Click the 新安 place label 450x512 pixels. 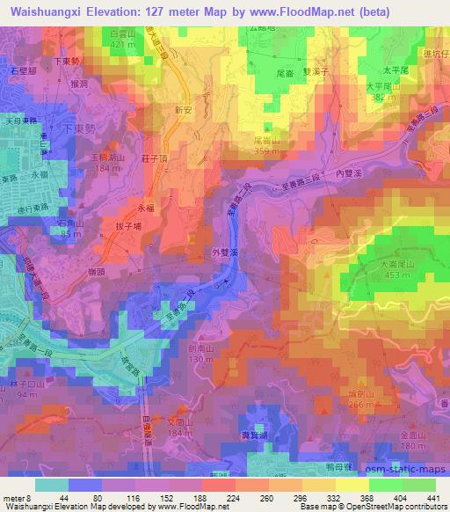point(183,111)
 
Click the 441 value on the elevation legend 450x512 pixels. point(431,498)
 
